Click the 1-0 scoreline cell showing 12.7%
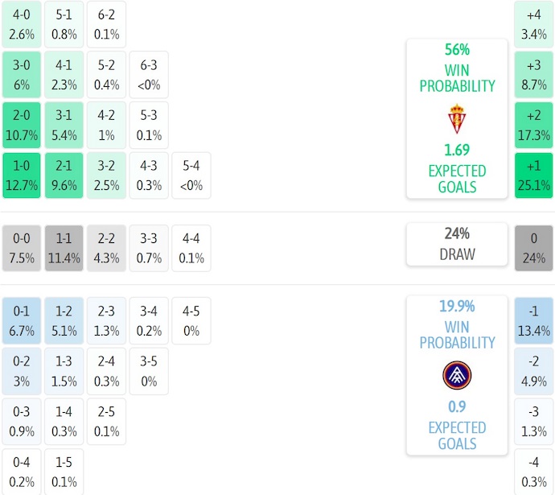[21, 175]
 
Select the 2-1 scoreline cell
[64, 175]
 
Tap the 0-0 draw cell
[21, 248]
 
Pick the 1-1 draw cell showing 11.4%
[64, 248]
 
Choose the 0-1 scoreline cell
[21, 320]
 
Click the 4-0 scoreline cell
[21, 23]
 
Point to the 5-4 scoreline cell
[191, 175]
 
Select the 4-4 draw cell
[191, 248]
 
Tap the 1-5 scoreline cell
[64, 472]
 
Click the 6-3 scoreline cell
[149, 74]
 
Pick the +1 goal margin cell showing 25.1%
[533, 175]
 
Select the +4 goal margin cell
[533, 23]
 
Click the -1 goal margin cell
[533, 320]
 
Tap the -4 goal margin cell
[533, 472]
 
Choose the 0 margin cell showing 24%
[533, 248]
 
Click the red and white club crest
[457, 119]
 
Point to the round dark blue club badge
[457, 375]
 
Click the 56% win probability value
[457, 49]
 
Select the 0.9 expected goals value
[457, 406]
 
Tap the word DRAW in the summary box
[457, 254]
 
